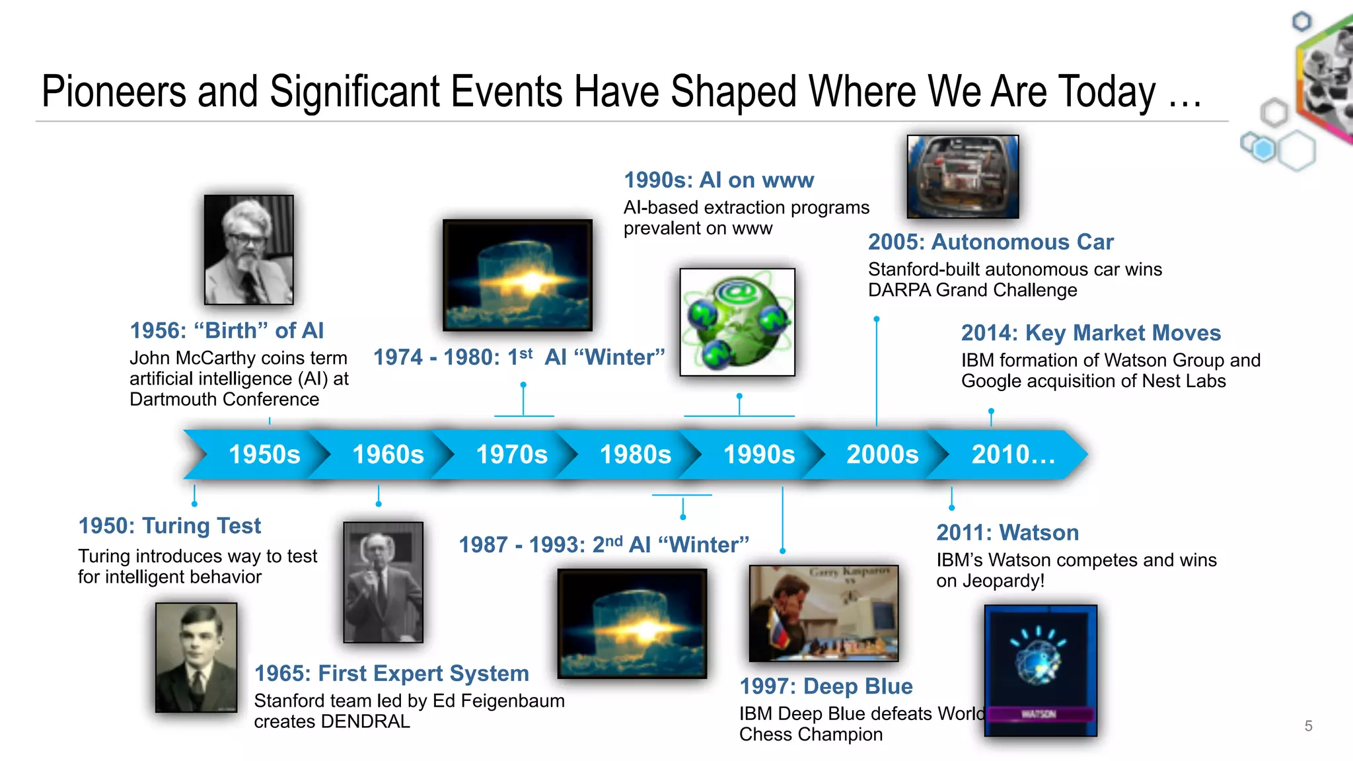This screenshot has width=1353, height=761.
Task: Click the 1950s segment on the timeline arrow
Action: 264,454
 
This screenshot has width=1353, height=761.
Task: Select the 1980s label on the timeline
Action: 635,454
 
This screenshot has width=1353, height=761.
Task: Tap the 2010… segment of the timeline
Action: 1013,454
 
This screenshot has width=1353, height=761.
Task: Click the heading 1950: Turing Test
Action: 170,526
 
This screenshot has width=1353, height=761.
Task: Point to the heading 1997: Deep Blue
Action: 826,686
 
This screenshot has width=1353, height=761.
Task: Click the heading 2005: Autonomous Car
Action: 990,242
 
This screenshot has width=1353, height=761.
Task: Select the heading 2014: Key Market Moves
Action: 1091,333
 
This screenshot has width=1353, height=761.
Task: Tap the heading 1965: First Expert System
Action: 392,673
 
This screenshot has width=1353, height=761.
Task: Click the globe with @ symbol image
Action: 737,322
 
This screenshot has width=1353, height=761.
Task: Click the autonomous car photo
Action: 963,176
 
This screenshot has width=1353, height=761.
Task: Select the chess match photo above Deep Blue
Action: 823,613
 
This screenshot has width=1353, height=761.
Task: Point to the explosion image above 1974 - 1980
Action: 517,275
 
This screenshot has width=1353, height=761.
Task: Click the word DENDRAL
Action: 365,721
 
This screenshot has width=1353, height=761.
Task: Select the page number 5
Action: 1308,726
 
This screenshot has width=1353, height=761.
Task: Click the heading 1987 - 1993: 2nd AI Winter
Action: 604,545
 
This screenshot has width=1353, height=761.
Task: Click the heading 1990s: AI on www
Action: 719,180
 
